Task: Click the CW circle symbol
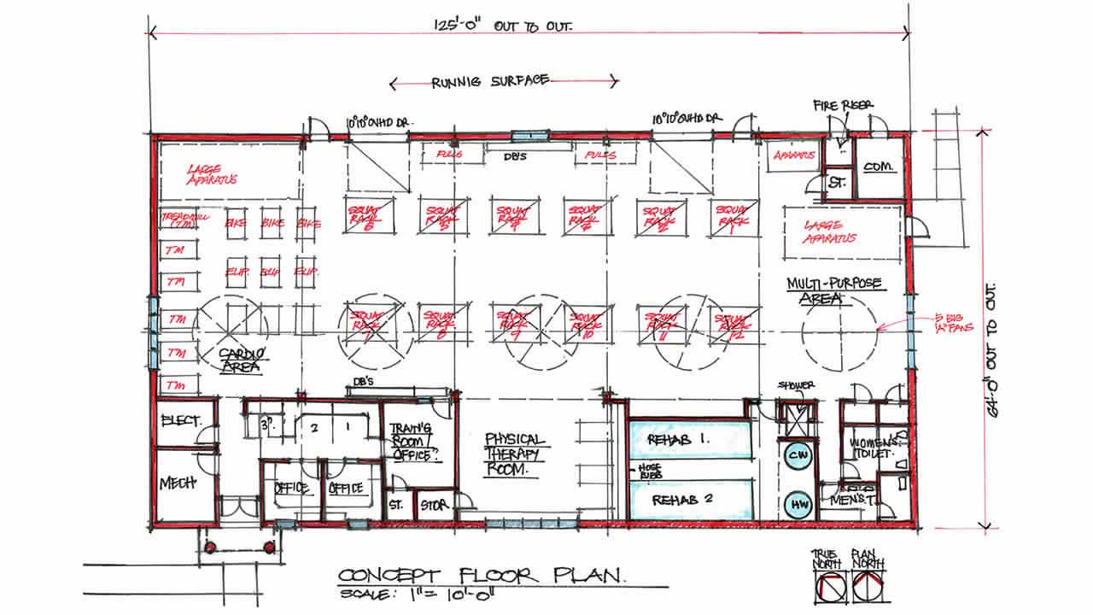coord(798,455)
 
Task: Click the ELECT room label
coord(180,420)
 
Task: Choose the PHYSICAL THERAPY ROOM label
coord(514,454)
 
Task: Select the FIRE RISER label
coord(844,105)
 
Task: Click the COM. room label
coord(877,167)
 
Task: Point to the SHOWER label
coord(796,385)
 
